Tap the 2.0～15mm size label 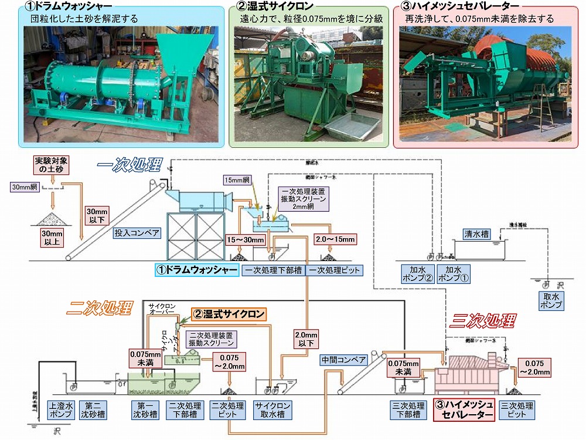[x=335, y=239]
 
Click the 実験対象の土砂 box [x=50, y=165]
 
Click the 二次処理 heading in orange [x=98, y=309]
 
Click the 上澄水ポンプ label [x=61, y=409]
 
